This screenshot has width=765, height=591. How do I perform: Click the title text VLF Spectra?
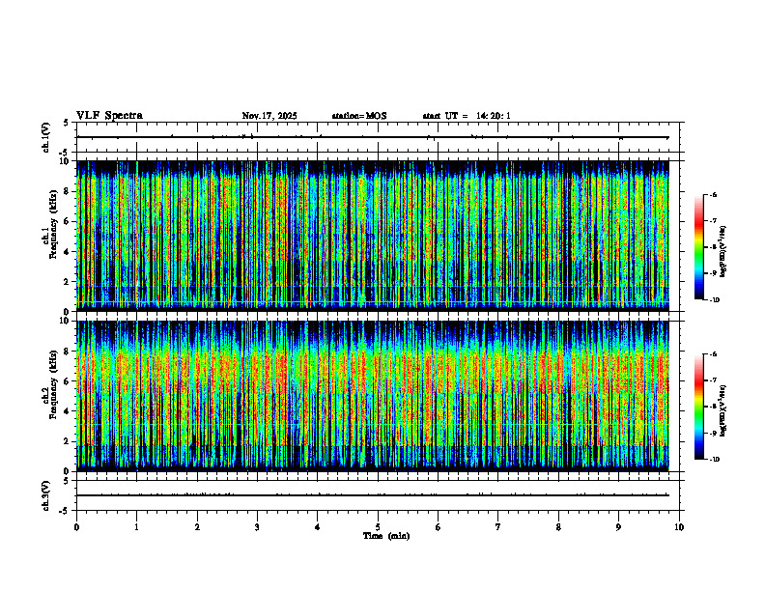click(109, 116)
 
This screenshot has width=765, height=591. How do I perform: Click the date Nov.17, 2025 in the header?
click(269, 116)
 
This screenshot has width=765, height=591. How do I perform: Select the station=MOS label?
click(358, 116)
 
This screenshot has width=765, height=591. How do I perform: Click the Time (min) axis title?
click(385, 536)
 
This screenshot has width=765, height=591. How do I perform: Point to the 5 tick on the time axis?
click(379, 527)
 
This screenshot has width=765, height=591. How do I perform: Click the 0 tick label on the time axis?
click(76, 527)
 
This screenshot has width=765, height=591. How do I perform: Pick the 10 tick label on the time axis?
click(680, 527)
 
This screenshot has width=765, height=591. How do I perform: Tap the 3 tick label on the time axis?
click(258, 527)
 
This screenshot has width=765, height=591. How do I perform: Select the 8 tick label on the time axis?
click(559, 527)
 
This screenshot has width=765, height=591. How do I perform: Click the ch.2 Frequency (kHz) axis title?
click(47, 395)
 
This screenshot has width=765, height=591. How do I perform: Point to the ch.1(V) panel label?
click(46, 137)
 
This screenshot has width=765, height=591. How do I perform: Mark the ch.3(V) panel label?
click(46, 494)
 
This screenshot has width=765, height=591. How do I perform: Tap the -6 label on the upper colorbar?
click(713, 195)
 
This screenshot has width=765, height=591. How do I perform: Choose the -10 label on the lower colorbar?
click(714, 460)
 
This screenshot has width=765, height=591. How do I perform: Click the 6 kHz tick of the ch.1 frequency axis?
click(68, 221)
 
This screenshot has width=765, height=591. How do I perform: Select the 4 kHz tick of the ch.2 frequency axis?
click(68, 411)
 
